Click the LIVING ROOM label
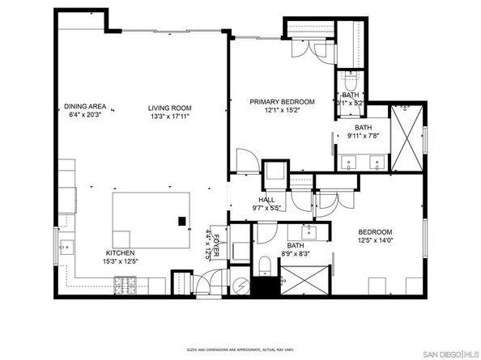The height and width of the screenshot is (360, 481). (x=169, y=108)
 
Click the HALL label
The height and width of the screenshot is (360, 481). (x=266, y=199)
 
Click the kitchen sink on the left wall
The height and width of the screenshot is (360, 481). (x=64, y=246)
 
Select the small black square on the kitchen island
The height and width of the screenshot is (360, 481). (x=182, y=221)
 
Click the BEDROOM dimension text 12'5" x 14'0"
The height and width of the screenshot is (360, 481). (x=376, y=240)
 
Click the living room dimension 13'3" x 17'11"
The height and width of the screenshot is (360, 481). (x=169, y=116)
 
